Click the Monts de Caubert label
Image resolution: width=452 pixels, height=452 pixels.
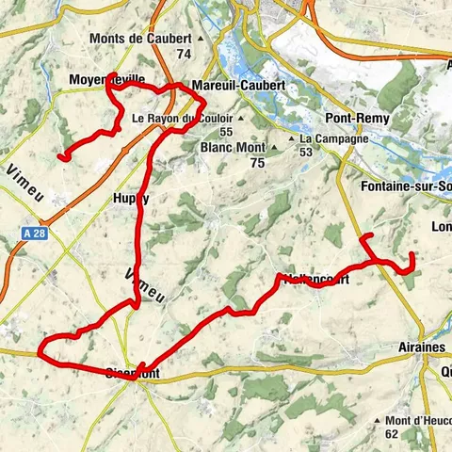139,39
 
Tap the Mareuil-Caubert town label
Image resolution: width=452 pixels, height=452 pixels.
237,85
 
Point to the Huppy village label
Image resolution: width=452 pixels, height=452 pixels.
131,198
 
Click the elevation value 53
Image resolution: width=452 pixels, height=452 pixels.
307,153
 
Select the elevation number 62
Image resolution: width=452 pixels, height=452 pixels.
393,434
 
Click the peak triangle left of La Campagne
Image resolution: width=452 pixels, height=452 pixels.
292,138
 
